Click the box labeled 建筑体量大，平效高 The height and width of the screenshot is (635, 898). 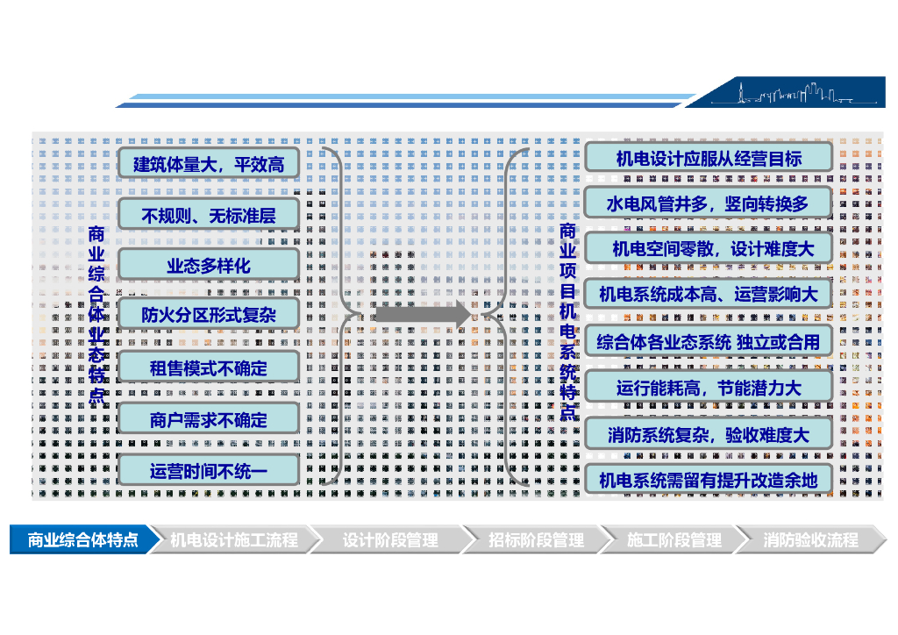tap(209, 163)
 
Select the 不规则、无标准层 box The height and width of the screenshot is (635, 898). tap(209, 214)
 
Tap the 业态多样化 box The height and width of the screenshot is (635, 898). tap(209, 265)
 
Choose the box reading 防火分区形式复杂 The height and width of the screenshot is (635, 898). tap(209, 314)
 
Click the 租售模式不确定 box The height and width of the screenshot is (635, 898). tap(209, 368)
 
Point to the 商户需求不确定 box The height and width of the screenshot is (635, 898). tap(209, 420)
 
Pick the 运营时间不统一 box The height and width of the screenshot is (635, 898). tap(209, 471)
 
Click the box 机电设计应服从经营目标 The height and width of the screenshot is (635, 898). tap(708, 159)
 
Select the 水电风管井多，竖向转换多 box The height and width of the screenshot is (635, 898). tap(708, 203)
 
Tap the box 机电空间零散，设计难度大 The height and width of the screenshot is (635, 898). tap(708, 249)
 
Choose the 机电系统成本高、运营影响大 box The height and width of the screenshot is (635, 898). tap(708, 294)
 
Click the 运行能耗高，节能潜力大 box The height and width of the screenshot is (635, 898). tap(708, 387)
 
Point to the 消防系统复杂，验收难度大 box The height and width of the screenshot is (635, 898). tap(708, 433)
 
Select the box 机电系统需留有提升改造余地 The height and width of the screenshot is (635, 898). tap(708, 479)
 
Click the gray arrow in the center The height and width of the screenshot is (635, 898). tap(422, 314)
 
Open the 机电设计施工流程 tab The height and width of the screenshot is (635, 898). tap(233, 539)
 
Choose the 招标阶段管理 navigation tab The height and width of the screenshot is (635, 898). tap(535, 539)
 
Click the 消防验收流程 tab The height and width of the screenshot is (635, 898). tap(809, 539)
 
